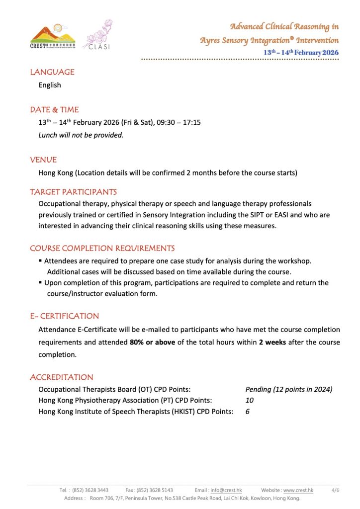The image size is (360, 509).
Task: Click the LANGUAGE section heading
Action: coord(52,72)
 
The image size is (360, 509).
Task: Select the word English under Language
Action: coord(50,85)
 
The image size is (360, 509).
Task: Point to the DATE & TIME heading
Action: coord(54,109)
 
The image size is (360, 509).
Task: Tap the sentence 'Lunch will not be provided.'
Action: coord(81,135)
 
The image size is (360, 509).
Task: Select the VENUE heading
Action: coord(43,160)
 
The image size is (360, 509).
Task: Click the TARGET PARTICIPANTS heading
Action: coord(74,192)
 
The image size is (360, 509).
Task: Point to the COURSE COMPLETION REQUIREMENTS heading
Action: coord(102,248)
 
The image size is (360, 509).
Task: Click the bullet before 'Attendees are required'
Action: coord(41,261)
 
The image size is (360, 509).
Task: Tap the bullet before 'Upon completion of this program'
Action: coord(41,283)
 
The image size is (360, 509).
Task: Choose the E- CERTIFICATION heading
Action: coord(65,316)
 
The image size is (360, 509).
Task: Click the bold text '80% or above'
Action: coord(153,342)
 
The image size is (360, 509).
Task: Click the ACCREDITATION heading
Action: coord(62,377)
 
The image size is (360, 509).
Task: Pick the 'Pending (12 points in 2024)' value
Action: coord(289,390)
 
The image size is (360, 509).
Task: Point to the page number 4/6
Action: coord(335,490)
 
